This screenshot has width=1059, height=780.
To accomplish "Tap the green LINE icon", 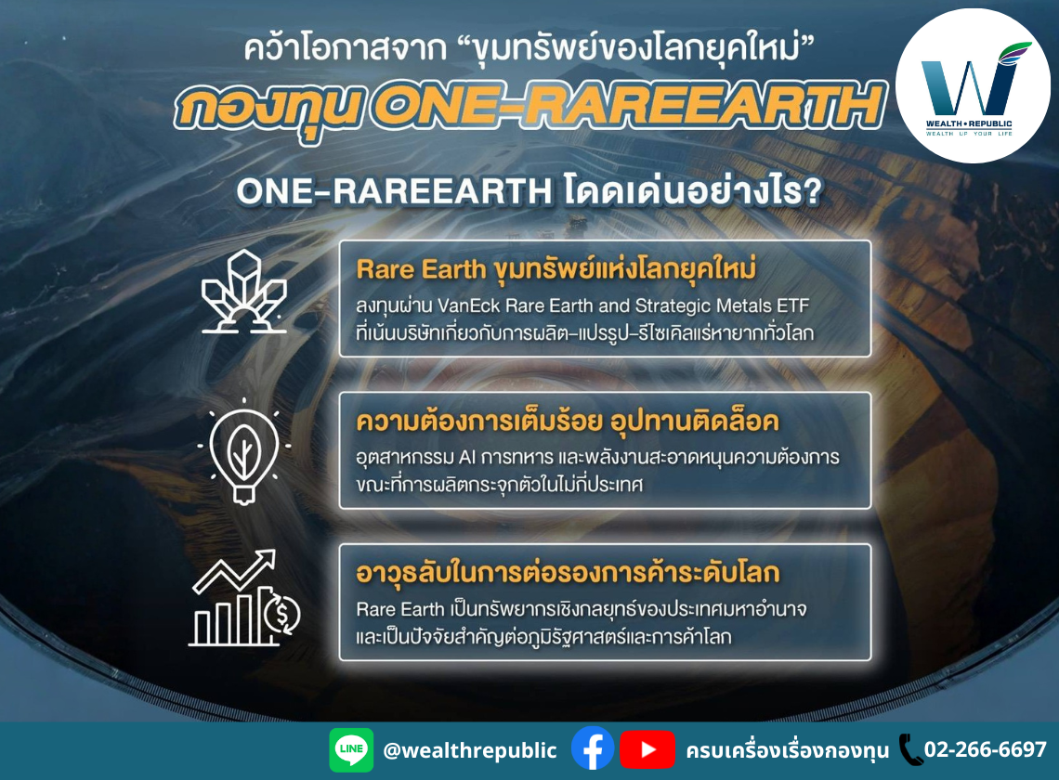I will [351, 749].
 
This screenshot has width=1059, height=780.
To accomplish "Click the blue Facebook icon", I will [593, 749].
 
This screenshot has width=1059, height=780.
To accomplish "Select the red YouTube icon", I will [647, 749].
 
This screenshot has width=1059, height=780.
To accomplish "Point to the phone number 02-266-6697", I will [985, 749].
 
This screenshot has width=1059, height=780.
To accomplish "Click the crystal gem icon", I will [244, 291].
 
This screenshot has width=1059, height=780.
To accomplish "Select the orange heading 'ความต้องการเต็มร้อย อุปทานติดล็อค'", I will [567, 422].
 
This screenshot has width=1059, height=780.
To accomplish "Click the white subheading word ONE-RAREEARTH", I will [396, 192].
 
